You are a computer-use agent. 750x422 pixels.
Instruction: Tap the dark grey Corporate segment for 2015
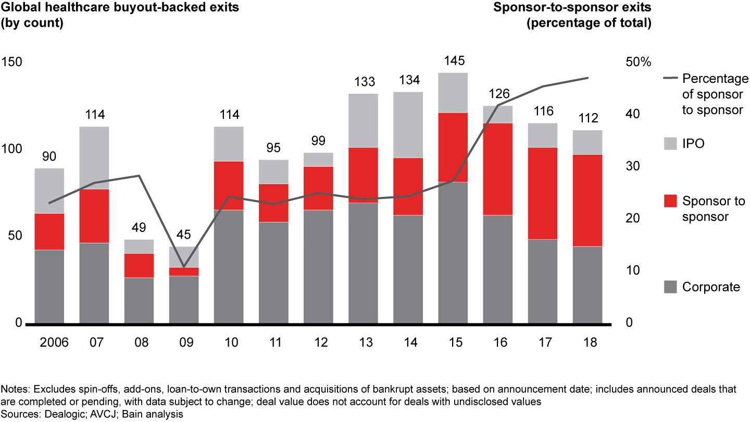(x=453, y=253)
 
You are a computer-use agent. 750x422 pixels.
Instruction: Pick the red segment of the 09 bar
(x=184, y=271)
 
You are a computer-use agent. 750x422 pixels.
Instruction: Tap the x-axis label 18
(x=587, y=342)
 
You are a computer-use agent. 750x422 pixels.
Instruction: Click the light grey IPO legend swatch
(x=670, y=143)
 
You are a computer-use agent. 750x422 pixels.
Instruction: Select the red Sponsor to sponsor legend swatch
(x=670, y=201)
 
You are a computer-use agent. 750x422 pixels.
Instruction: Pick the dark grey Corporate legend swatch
(x=670, y=287)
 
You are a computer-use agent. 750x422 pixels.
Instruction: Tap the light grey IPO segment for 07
(x=94, y=157)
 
